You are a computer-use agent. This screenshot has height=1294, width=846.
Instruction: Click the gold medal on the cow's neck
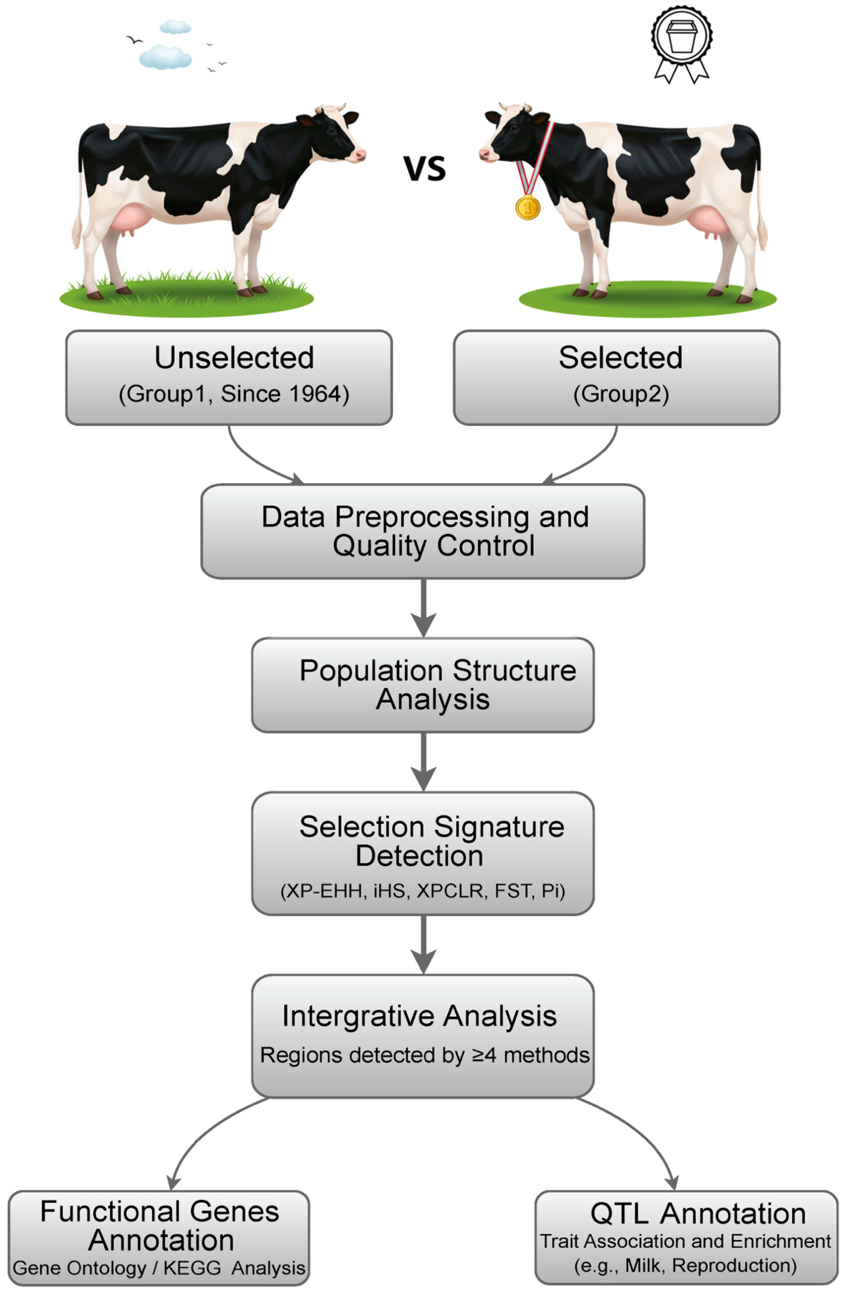[x=527, y=207]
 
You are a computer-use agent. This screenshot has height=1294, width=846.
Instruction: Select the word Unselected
[x=234, y=358]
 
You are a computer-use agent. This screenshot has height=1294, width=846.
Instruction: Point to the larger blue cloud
[x=165, y=57]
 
